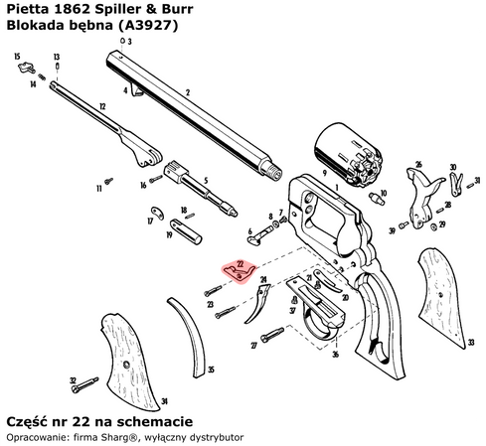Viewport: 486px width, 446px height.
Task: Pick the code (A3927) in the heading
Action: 143,26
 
